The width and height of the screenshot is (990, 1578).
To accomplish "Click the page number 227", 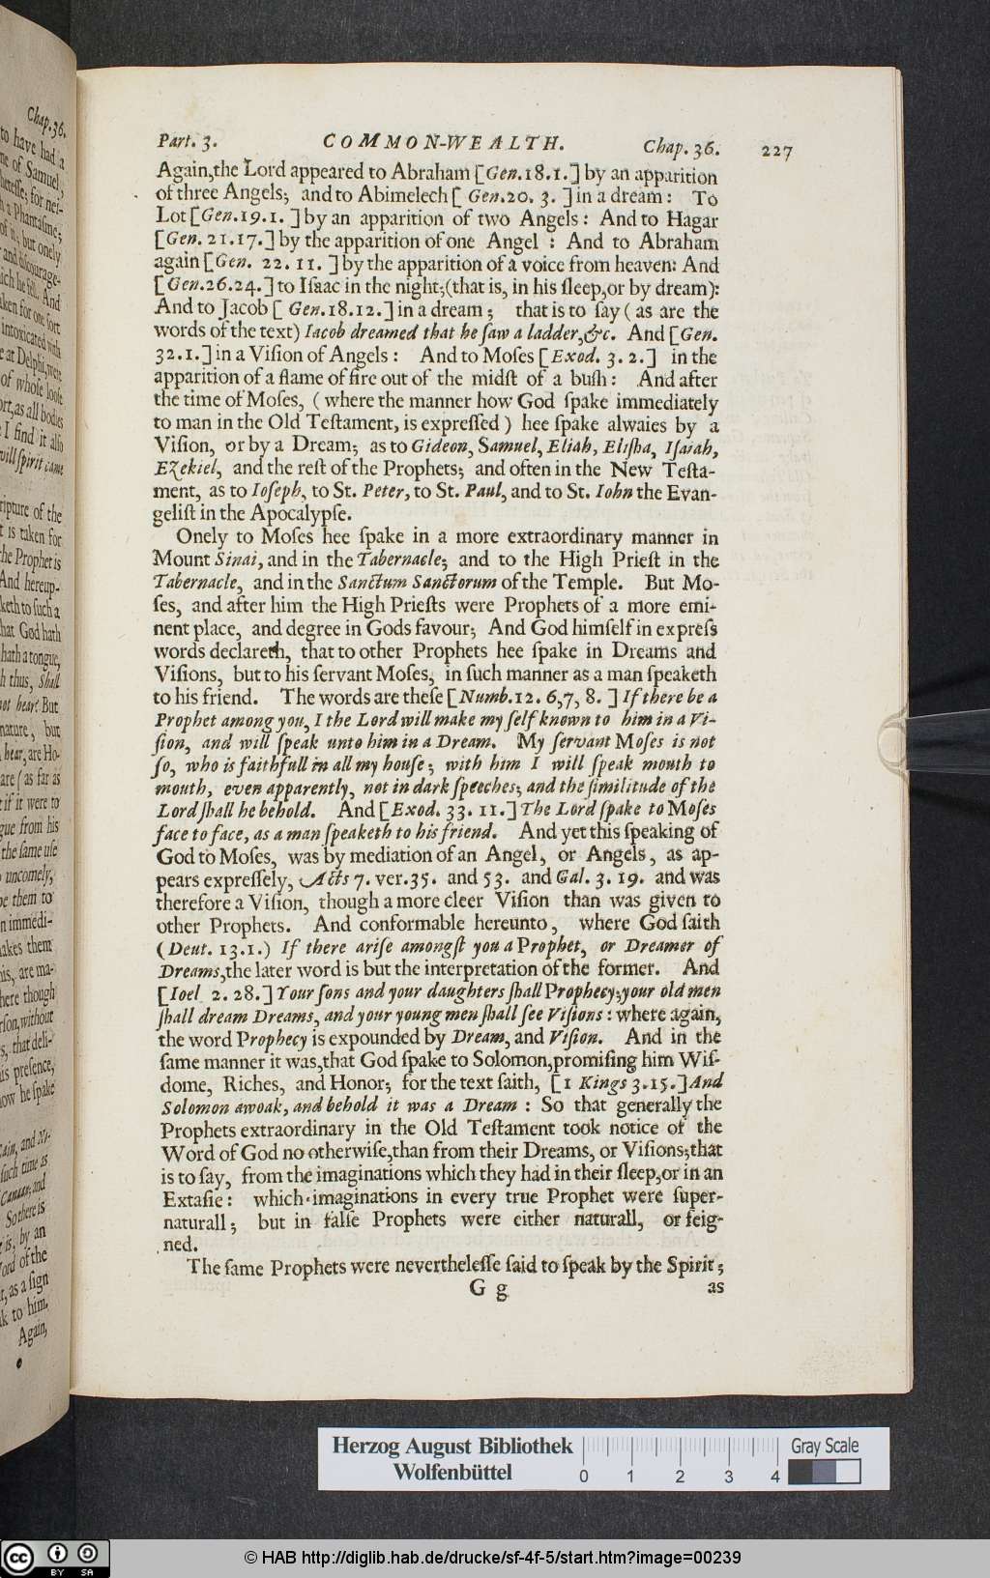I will (x=776, y=151).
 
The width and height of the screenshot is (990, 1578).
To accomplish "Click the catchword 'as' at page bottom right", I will (x=715, y=1287).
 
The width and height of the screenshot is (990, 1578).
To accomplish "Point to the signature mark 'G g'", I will (x=488, y=1288).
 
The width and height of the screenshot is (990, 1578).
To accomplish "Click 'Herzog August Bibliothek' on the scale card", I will (x=451, y=1447).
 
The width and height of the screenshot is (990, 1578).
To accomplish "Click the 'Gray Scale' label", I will (x=824, y=1446).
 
